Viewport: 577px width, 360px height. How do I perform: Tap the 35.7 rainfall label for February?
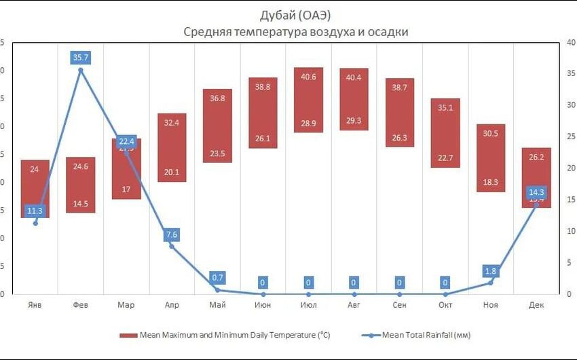pyautogui.click(x=81, y=58)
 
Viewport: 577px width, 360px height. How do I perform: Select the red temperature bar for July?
pyautogui.click(x=308, y=100)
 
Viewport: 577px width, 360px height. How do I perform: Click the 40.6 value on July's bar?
pyautogui.click(x=308, y=77)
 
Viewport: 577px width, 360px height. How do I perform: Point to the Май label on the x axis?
pyautogui.click(x=217, y=305)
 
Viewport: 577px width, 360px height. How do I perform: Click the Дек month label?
pyautogui.click(x=536, y=305)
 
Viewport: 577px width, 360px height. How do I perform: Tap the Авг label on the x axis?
pyautogui.click(x=354, y=305)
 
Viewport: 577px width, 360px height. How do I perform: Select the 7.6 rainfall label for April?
pyautogui.click(x=172, y=235)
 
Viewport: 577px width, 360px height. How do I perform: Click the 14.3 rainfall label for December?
pyautogui.click(x=536, y=192)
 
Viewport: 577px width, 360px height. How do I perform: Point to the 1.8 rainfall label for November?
pyautogui.click(x=491, y=272)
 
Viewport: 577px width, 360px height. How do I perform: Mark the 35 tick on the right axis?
pyautogui.click(x=572, y=71)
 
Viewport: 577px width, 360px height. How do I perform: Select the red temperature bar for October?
pyautogui.click(x=445, y=133)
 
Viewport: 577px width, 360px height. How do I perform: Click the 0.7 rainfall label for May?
pyautogui.click(x=217, y=278)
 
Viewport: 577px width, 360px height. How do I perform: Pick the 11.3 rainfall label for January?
pyautogui.click(x=35, y=211)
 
